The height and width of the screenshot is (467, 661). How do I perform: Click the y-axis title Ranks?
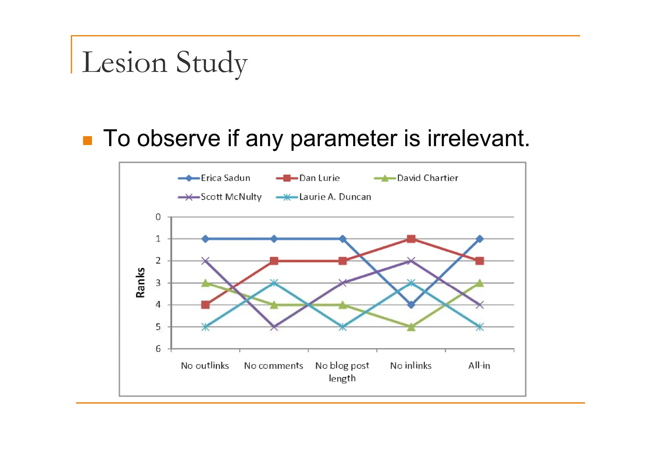click(140, 283)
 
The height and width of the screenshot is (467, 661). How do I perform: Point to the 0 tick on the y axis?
click(158, 217)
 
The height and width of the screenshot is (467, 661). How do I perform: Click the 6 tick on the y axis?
click(158, 349)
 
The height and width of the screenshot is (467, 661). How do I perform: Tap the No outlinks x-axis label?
click(205, 366)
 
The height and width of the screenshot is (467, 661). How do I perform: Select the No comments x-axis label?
click(273, 366)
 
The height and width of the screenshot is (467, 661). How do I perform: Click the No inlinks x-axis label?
click(411, 366)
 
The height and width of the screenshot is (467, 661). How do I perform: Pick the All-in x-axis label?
click(479, 366)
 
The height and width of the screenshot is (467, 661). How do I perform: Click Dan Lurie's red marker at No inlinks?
click(411, 239)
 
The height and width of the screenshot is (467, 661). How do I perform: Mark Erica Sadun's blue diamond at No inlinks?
click(411, 305)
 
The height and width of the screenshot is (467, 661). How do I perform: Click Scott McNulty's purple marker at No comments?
click(274, 327)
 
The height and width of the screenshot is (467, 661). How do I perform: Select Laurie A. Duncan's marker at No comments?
click(274, 283)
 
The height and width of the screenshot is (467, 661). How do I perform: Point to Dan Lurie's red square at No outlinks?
click(205, 305)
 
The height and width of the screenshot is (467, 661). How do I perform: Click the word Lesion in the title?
click(125, 62)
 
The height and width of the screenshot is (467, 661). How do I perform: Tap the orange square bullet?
click(87, 141)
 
